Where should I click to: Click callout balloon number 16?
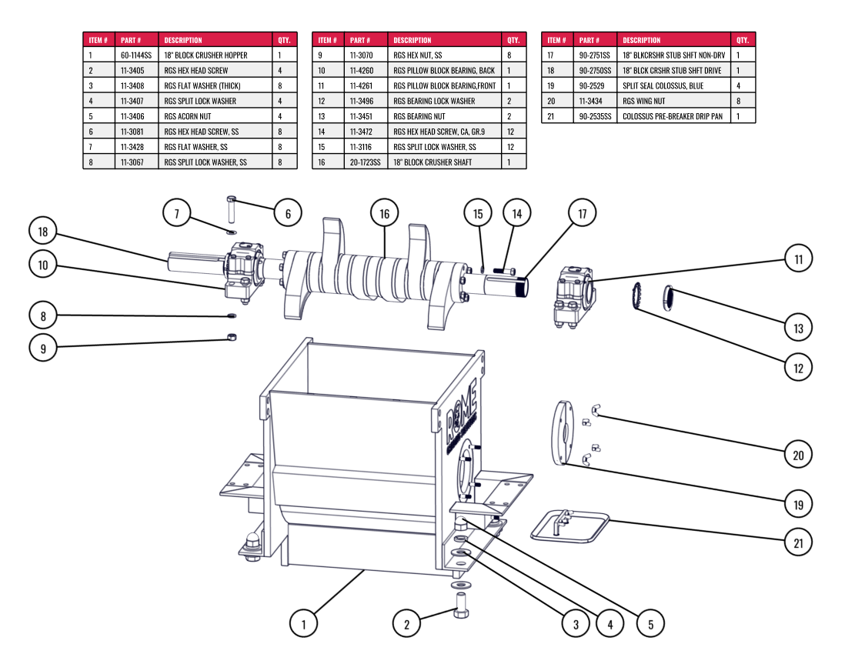tap(384, 214)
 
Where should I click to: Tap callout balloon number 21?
tap(798, 542)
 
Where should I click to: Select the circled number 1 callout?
tap(303, 624)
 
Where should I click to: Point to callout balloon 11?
tap(798, 259)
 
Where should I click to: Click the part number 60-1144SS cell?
tap(136, 55)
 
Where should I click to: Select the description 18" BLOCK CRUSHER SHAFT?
tap(433, 162)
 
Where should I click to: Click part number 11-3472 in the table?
tap(361, 132)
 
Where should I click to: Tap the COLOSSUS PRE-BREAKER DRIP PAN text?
tap(673, 116)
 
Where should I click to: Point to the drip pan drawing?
tap(569, 526)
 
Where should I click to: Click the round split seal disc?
tap(563, 432)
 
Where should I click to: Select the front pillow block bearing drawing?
tap(574, 296)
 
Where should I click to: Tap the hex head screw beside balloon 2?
tap(461, 606)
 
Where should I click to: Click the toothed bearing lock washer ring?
tap(636, 295)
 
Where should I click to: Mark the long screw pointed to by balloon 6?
tap(232, 209)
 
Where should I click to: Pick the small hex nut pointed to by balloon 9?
tap(232, 337)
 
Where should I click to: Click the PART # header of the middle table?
tap(360, 40)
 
